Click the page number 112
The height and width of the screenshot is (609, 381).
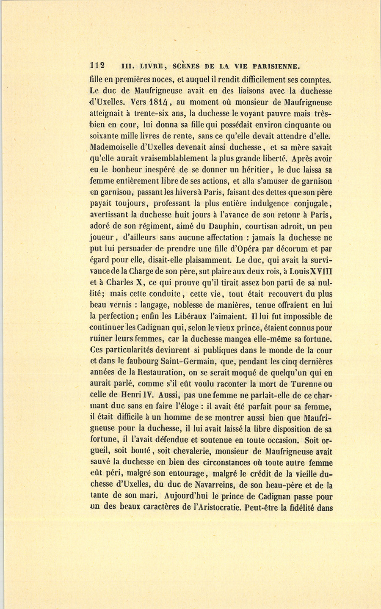(97, 66)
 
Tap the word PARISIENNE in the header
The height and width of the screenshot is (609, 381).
(276, 66)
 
